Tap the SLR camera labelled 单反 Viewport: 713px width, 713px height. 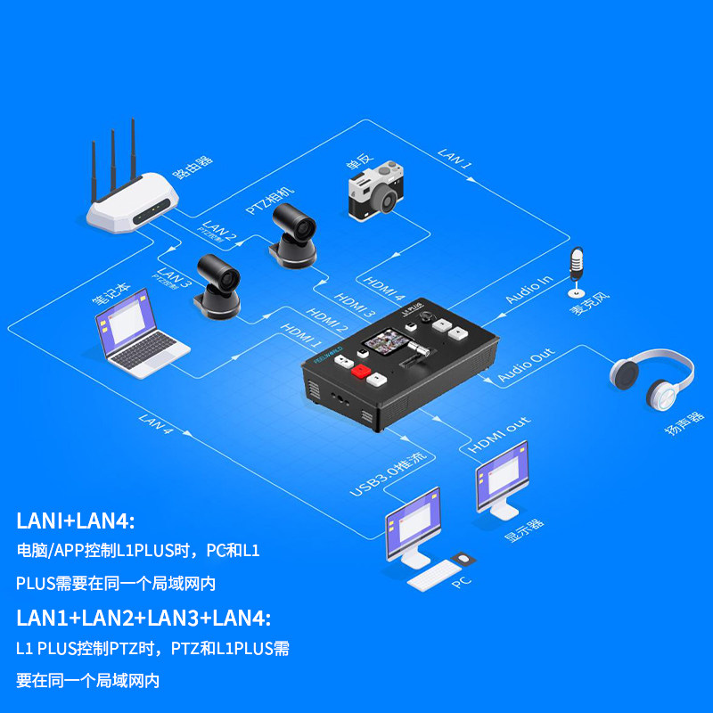point(375,190)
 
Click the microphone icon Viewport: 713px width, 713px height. point(577,271)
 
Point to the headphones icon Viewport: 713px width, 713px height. point(652,381)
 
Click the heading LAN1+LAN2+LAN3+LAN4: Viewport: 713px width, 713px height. point(143,618)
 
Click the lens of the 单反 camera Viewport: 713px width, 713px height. point(389,199)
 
